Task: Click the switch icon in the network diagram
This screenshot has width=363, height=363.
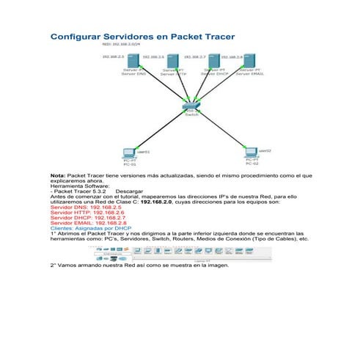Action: coord(191,107)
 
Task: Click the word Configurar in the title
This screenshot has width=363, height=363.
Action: coord(78,36)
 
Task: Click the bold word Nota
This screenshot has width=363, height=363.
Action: coord(57,176)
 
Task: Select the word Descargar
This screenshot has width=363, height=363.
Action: coord(128,191)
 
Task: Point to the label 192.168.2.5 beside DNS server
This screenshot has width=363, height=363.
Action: coord(112,56)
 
